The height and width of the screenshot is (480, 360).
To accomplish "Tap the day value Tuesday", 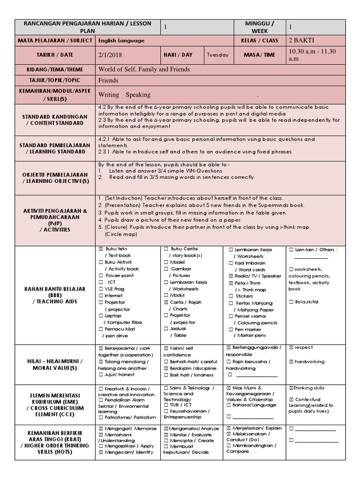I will click(x=219, y=55).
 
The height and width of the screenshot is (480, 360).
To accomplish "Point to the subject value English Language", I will click(x=121, y=41).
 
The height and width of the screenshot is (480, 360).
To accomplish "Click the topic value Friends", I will click(x=108, y=81).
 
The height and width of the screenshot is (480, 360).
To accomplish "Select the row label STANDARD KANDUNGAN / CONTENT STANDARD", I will click(x=55, y=120).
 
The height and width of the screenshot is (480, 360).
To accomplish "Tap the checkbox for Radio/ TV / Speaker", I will click(x=231, y=276).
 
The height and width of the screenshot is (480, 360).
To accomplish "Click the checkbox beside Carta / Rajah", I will click(x=166, y=302).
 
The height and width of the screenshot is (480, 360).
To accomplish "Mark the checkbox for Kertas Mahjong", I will click(x=231, y=303).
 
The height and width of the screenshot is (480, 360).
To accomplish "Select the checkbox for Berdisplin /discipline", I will click(x=166, y=368).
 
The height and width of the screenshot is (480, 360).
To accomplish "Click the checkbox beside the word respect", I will click(x=291, y=348).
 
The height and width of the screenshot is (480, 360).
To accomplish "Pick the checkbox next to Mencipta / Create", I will click(x=166, y=441).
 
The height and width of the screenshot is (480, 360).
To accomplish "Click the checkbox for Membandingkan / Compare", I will click(x=231, y=446).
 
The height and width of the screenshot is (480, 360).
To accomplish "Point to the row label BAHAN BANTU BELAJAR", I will click(x=55, y=289).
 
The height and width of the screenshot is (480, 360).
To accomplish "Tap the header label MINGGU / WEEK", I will click(x=260, y=27).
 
